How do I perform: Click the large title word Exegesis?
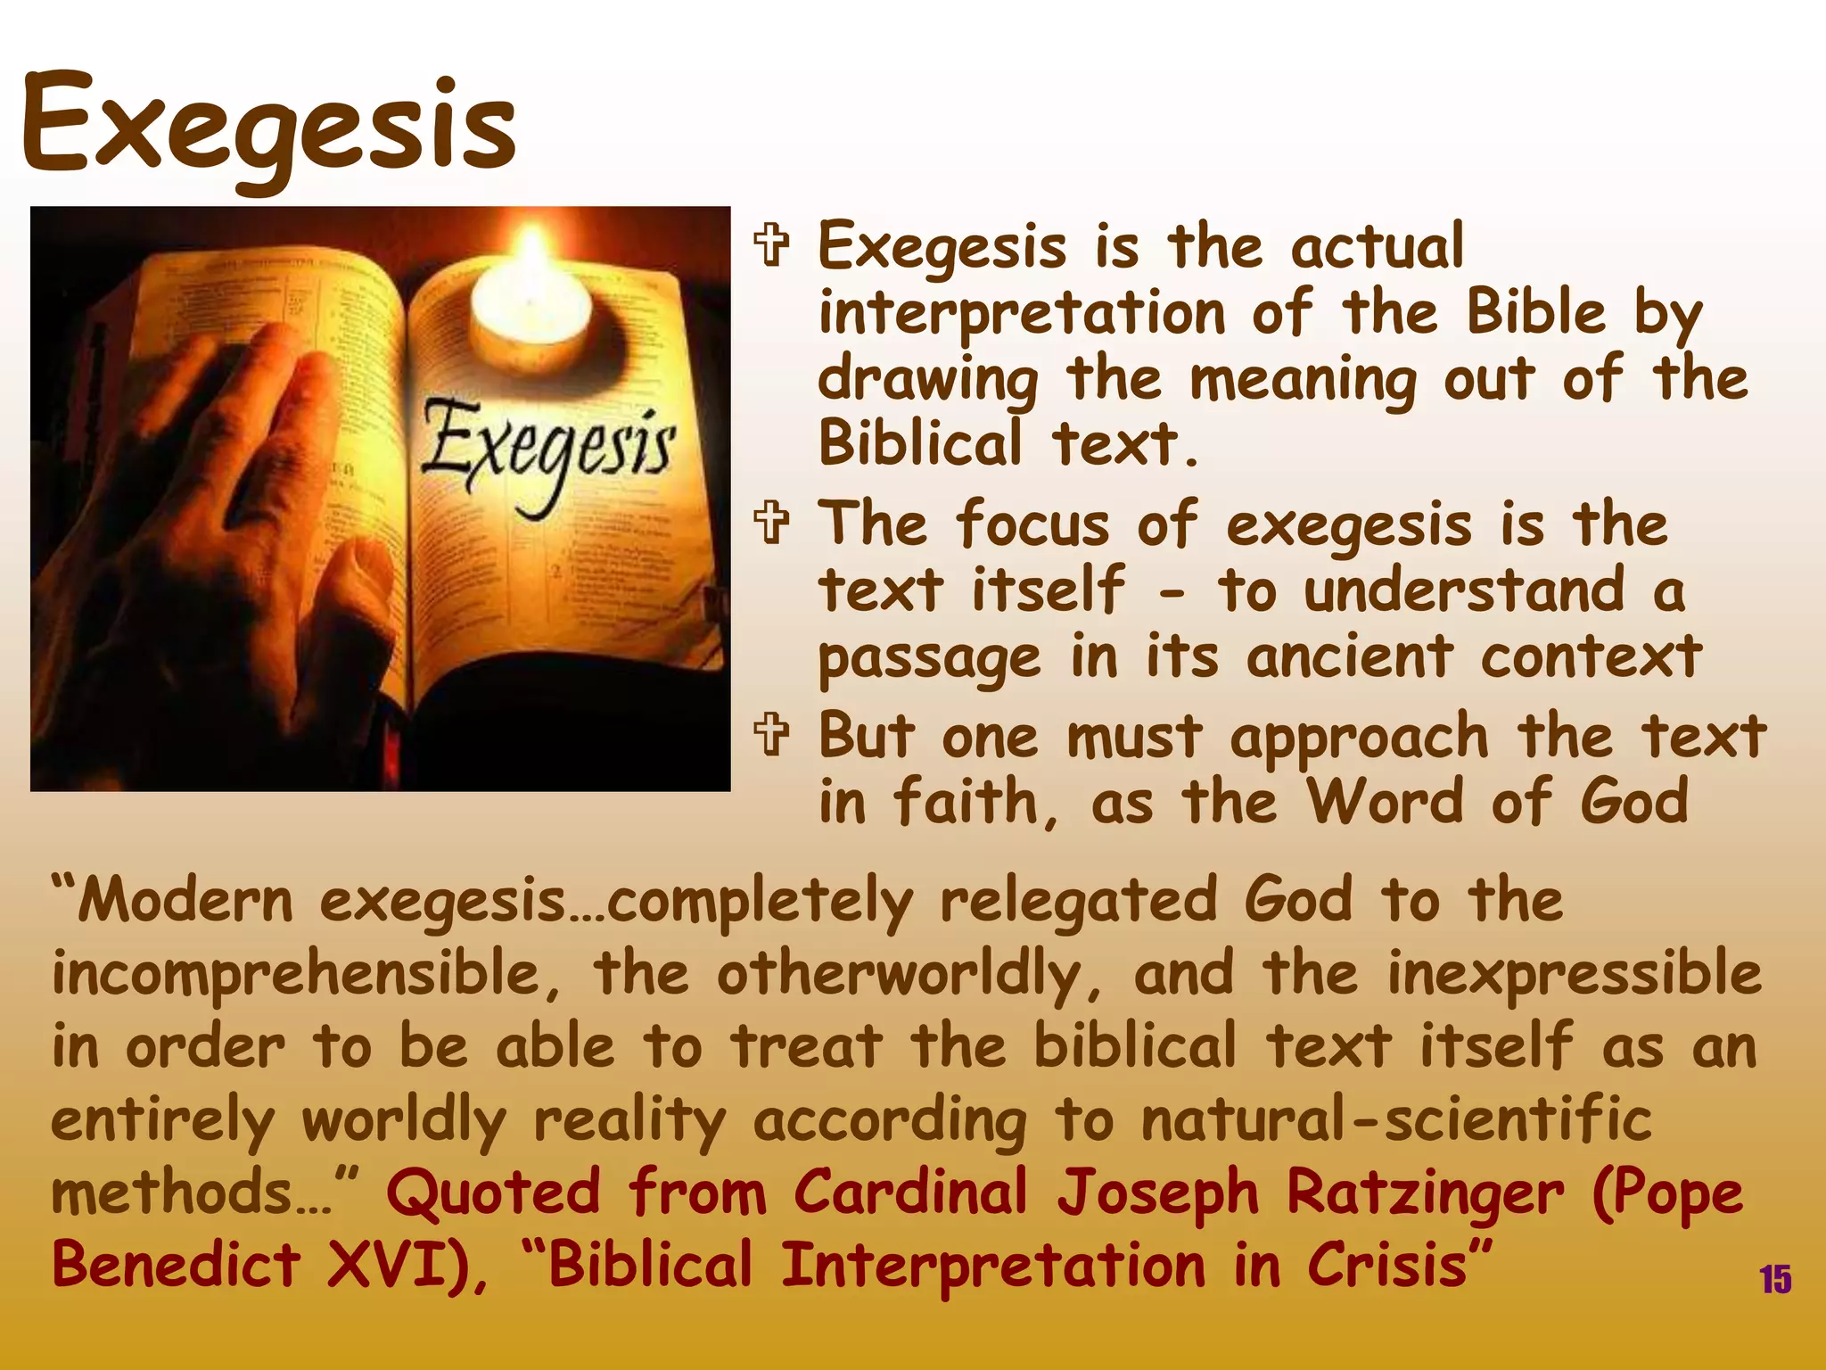(267, 125)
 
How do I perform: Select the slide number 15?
(1774, 1279)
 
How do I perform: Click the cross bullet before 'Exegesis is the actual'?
(772, 246)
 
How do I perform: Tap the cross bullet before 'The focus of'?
(772, 524)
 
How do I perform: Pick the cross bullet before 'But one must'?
(772, 736)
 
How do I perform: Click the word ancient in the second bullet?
(1349, 657)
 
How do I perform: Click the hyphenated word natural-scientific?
(1396, 1119)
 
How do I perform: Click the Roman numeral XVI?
(387, 1265)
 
